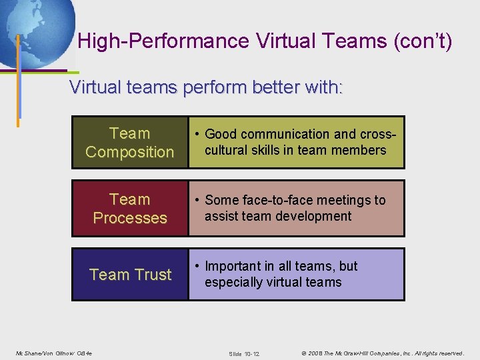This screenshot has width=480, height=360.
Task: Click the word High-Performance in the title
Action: (x=164, y=42)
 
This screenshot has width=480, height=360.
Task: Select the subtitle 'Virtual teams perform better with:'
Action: (x=206, y=87)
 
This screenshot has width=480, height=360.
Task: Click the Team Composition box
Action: (x=130, y=143)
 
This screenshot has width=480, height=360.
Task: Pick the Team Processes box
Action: (x=130, y=209)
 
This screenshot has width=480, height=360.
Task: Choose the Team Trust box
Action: (x=130, y=275)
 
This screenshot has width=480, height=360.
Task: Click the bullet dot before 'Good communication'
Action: (x=198, y=135)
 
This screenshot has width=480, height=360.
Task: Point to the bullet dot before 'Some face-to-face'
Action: (x=198, y=201)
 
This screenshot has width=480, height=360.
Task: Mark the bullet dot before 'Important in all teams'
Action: (x=198, y=267)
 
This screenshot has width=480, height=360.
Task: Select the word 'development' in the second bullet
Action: (x=315, y=216)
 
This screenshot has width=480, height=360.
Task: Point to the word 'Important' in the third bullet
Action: (x=233, y=266)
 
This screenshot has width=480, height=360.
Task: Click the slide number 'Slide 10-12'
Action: (x=243, y=353)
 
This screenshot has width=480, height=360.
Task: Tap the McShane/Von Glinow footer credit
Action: (x=53, y=353)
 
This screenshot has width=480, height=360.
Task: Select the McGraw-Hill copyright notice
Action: (x=382, y=353)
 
